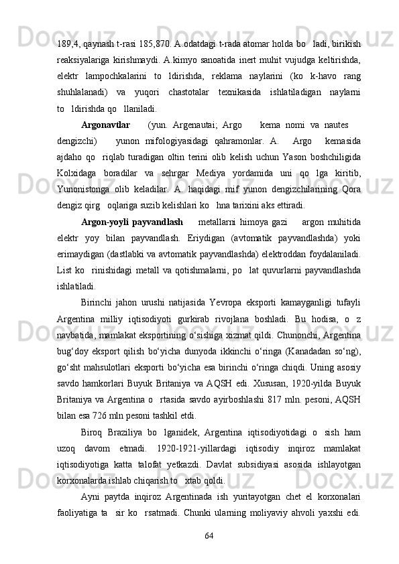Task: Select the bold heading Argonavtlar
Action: (x=105, y=106)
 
